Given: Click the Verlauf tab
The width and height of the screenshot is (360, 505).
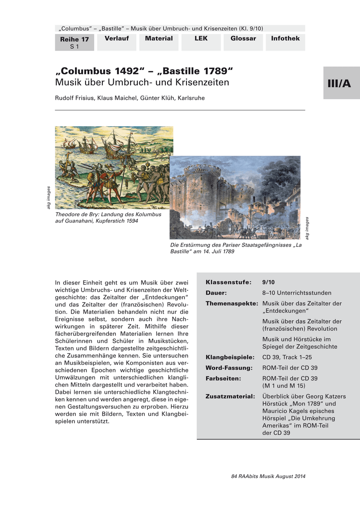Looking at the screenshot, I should point(117,39).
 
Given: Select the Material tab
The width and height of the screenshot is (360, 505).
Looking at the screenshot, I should point(159,39).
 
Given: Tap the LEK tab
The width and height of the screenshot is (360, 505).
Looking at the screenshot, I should point(201,39).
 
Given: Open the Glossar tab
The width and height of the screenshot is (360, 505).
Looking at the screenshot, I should point(243,39).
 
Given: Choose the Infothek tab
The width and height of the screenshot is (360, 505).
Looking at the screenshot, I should point(285,39).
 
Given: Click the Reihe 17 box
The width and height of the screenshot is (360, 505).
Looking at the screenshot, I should point(75,43).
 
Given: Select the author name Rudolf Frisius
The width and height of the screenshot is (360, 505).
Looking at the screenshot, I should point(75,98).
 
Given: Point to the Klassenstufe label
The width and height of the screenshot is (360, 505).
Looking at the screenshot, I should point(229,282).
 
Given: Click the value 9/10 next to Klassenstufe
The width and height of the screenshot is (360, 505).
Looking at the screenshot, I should point(268,282).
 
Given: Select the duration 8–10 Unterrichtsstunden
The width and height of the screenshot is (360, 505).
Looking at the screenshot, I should point(297,293).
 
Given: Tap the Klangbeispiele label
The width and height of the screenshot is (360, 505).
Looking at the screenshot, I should point(230,357).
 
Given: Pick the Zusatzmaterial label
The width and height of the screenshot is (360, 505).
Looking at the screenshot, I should point(230,396).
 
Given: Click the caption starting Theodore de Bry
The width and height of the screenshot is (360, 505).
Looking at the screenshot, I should point(108,218).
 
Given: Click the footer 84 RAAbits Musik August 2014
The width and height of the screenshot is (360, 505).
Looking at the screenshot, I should point(268,476).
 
